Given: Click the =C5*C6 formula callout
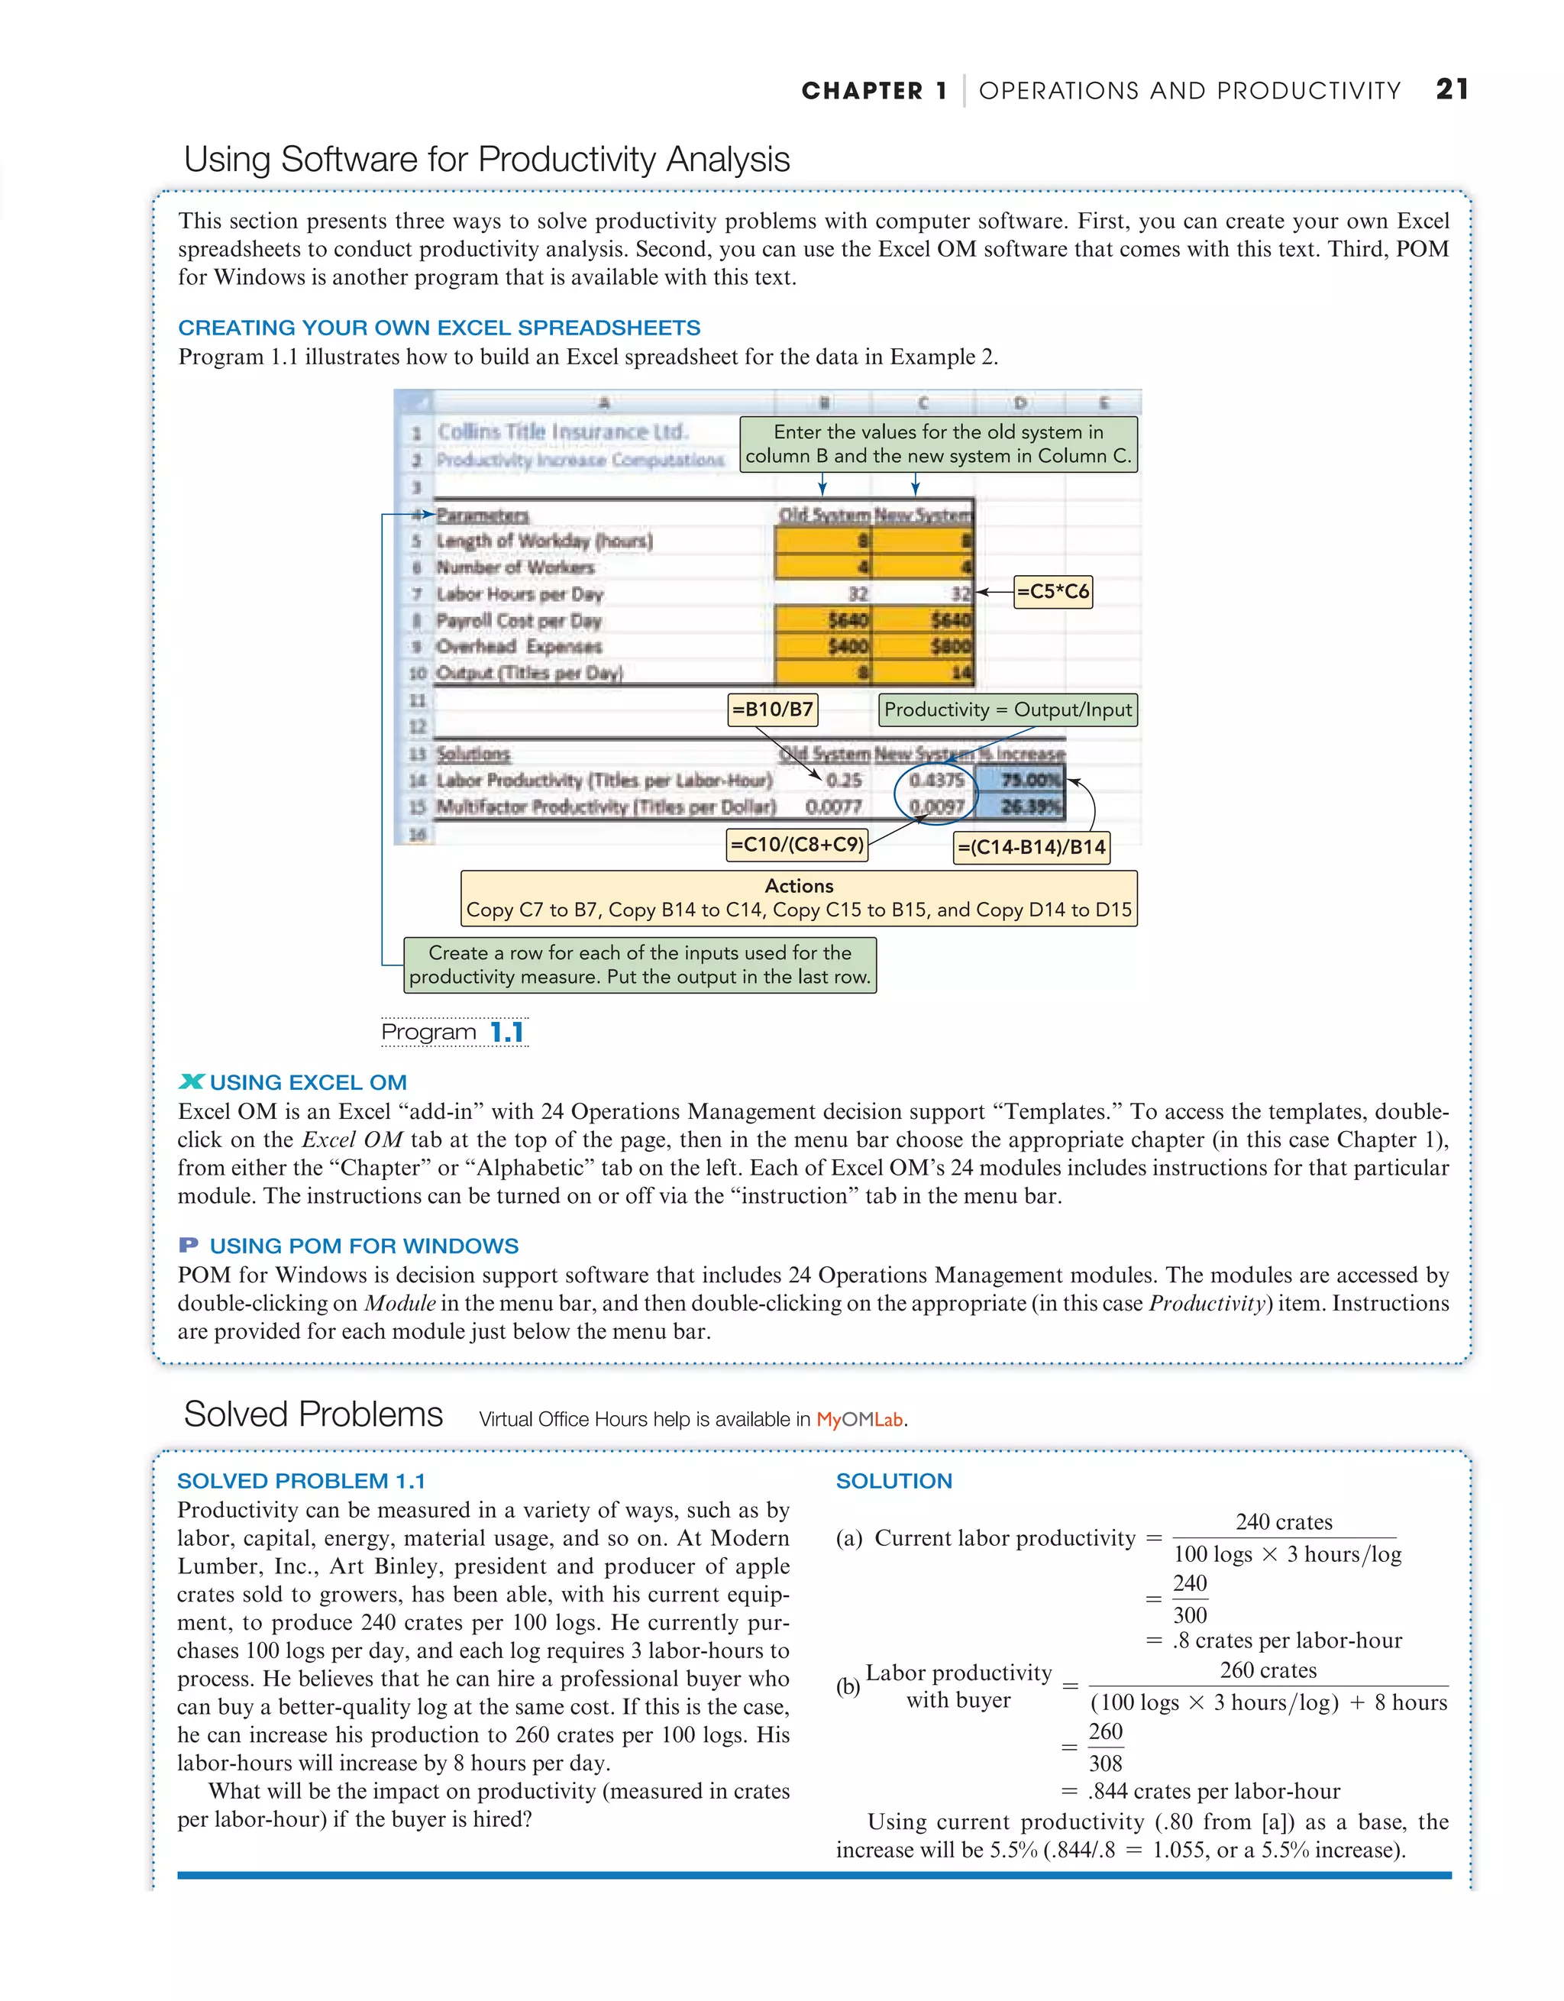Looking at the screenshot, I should tap(1053, 592).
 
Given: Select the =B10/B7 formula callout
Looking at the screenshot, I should tap(772, 710).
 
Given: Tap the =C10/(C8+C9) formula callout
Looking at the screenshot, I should tap(797, 845).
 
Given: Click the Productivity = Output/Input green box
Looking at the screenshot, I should tap(1007, 710).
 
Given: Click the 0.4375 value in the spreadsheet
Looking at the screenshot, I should tap(936, 780).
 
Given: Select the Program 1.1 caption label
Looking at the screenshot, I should tap(454, 1033).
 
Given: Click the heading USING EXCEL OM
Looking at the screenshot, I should tap(307, 1082).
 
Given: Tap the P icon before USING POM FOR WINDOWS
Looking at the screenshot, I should tap(189, 1245).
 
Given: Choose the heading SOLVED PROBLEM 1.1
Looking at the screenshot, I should tap(301, 1481).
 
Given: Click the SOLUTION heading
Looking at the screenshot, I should tap(893, 1481).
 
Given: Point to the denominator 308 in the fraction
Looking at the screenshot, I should tap(1105, 1763).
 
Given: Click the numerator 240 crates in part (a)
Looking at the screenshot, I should tap(1284, 1522).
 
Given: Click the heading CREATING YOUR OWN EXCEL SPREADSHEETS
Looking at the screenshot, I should tap(439, 328).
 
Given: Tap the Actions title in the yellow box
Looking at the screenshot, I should tap(798, 886).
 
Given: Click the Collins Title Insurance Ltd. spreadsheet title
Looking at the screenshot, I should tap(561, 432).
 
